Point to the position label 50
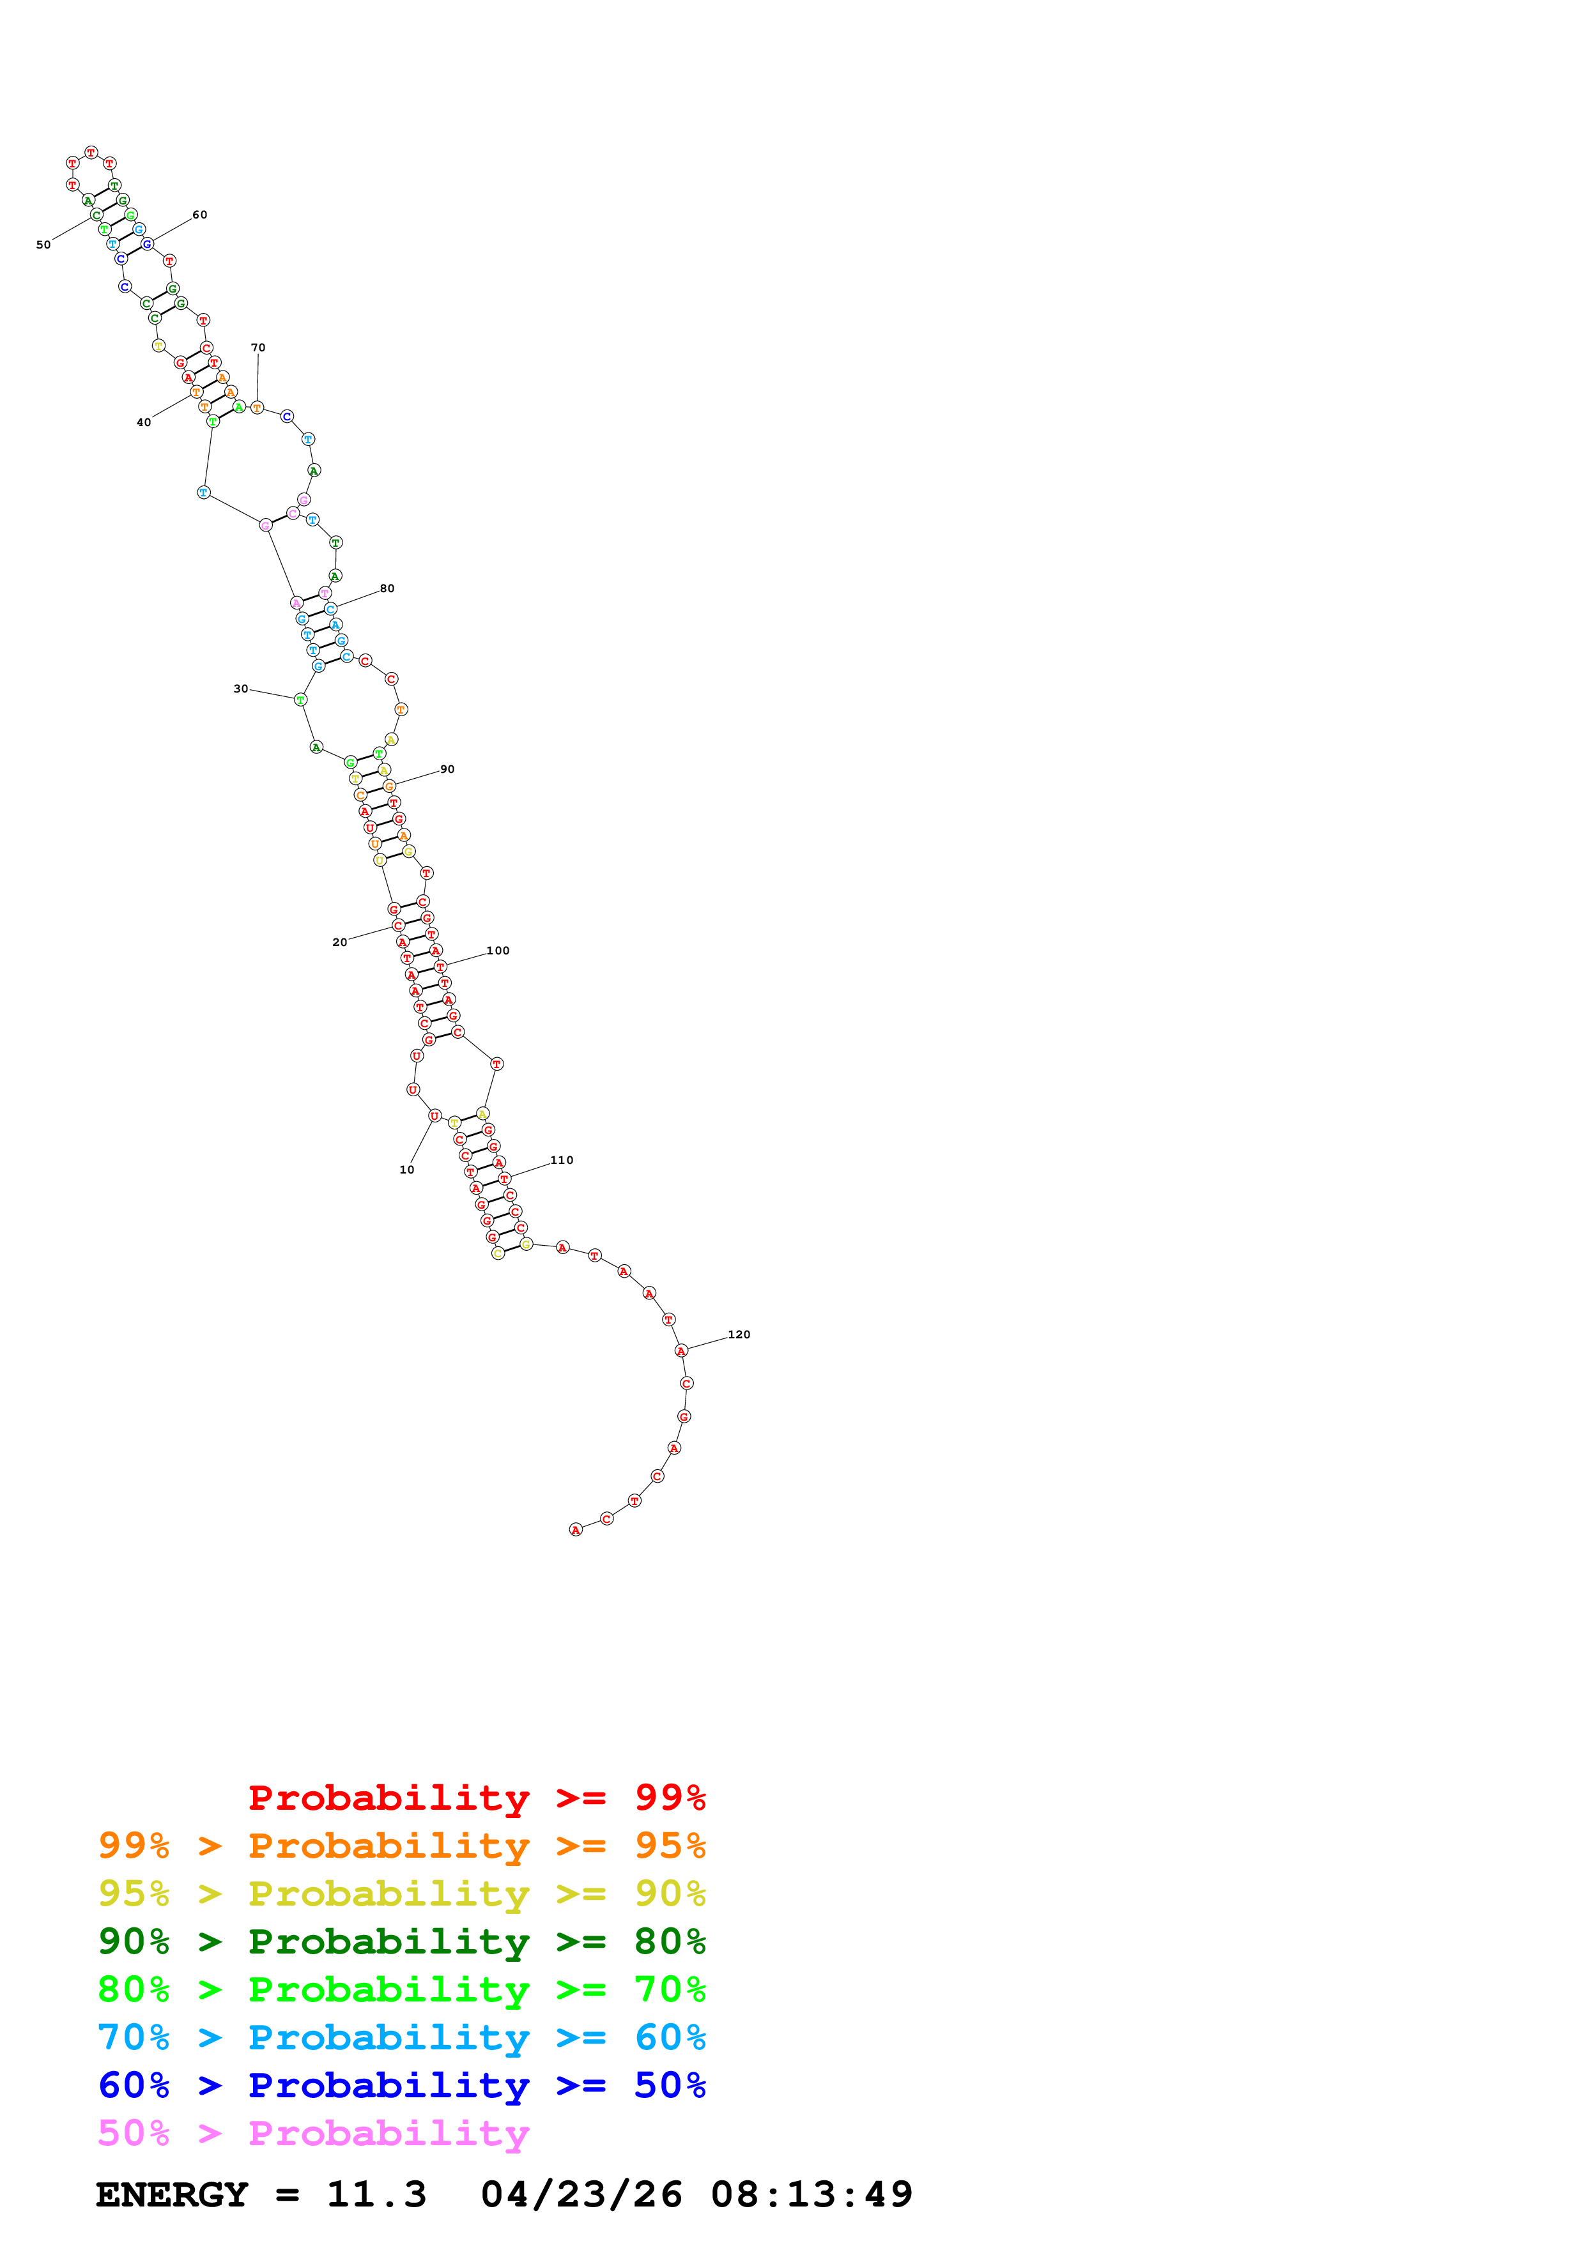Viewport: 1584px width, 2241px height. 43,244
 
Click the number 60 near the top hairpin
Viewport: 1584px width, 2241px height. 199,215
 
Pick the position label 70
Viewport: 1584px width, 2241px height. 258,348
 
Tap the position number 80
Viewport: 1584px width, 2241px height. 387,588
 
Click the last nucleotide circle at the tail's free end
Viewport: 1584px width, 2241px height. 575,1529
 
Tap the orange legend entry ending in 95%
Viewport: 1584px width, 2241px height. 401,1845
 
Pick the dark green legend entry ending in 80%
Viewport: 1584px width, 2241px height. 401,1941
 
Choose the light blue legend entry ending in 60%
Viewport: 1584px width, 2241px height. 401,2037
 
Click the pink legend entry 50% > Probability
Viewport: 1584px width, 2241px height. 312,2132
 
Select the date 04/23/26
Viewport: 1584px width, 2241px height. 581,2194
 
